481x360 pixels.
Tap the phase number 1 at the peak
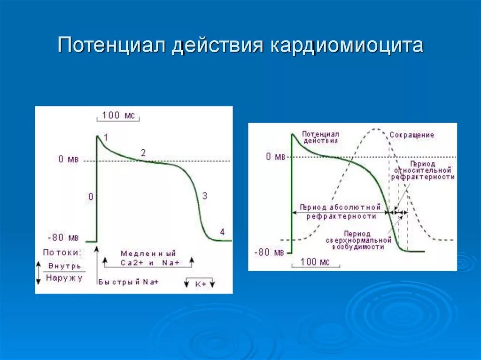(106, 138)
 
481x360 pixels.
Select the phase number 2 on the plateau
(143, 153)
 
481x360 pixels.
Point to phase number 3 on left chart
(204, 196)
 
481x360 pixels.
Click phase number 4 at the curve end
(222, 232)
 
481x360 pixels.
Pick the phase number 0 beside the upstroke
(91, 197)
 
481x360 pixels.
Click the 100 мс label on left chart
(118, 115)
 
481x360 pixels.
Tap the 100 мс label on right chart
(314, 261)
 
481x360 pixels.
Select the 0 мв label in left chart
(68, 160)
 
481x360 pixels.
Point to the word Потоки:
(62, 253)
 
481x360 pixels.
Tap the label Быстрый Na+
(128, 282)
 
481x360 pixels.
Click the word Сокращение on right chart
(411, 135)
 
